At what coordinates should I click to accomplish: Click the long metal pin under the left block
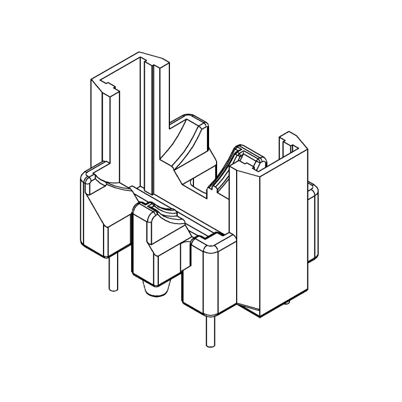tap(113, 274)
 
